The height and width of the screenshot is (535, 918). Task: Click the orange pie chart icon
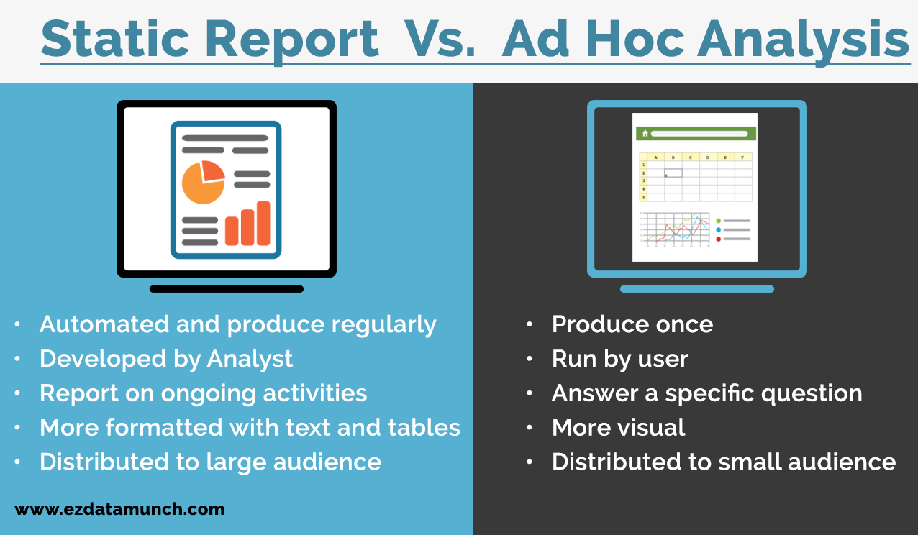203,182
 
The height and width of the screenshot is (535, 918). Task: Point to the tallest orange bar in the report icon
263,223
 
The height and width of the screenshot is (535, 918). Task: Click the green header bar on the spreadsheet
695,133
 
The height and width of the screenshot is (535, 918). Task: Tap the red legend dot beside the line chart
718,238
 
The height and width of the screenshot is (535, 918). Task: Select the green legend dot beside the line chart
718,221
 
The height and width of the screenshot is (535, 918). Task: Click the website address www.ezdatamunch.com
119,510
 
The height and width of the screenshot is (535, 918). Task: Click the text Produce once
632,324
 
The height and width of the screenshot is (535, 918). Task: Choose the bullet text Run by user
620,359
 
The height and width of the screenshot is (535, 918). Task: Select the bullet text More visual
618,428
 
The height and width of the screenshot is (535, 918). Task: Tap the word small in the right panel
749,462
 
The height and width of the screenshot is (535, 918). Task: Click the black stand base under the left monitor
227,289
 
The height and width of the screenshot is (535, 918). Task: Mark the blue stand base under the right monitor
696,289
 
